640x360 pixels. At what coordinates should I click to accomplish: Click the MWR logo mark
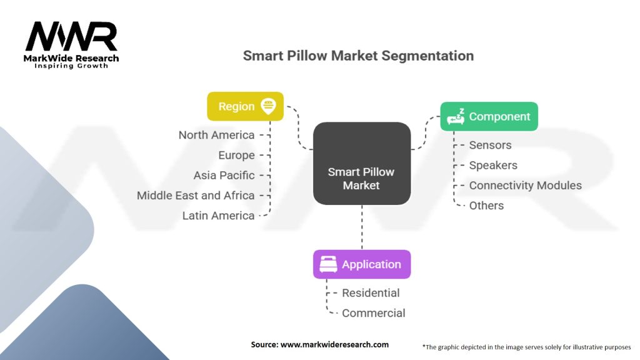(71, 37)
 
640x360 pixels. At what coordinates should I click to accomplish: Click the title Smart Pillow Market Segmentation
(358, 56)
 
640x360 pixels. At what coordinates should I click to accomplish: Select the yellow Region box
(245, 106)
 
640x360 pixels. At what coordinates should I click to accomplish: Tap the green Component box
(489, 116)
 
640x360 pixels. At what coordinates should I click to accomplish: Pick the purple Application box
(362, 264)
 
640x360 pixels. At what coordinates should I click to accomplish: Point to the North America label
(216, 135)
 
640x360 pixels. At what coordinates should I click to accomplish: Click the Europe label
(236, 155)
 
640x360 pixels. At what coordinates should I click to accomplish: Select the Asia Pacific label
(224, 175)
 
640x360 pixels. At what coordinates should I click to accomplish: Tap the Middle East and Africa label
(196, 195)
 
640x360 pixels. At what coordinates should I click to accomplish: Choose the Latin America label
(218, 216)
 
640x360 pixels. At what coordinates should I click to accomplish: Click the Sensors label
(490, 145)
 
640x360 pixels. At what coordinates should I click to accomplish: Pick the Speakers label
(493, 165)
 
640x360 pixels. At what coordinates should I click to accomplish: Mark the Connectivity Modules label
(525, 185)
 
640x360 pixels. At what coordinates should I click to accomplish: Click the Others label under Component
(486, 205)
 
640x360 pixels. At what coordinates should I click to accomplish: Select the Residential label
(371, 292)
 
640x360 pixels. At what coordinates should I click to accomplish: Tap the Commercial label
(373, 313)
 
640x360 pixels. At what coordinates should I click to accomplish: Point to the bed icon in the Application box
(328, 264)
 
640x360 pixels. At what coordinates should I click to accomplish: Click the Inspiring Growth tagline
(71, 66)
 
